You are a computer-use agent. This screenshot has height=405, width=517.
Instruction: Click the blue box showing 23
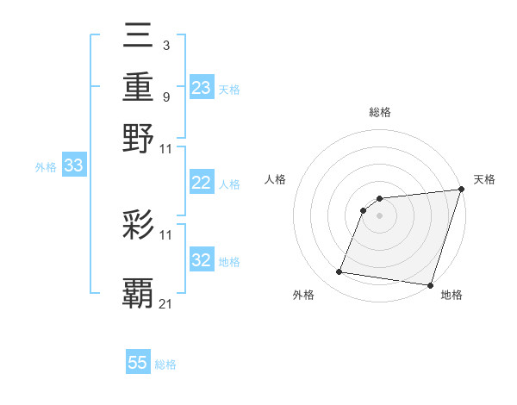point(202,88)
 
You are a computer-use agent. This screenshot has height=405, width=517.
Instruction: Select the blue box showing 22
point(202,183)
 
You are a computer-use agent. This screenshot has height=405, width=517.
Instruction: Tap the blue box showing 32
point(202,260)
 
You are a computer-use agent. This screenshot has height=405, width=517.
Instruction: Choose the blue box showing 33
point(73,166)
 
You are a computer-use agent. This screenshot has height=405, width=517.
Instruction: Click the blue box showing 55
point(138,363)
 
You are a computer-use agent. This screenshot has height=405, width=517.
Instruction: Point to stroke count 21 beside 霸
point(166,303)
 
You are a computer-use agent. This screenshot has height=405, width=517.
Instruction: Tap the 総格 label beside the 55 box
point(165,364)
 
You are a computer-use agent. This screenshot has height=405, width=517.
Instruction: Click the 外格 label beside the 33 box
point(46,168)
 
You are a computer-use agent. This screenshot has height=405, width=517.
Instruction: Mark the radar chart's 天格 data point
point(461,190)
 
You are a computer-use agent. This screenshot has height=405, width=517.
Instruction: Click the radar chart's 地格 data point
point(429,285)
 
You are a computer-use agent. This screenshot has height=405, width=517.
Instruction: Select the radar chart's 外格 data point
point(339,272)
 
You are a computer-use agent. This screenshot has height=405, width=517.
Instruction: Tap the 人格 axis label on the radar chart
point(276,179)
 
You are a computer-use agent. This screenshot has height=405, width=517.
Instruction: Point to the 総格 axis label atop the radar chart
point(380,112)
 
